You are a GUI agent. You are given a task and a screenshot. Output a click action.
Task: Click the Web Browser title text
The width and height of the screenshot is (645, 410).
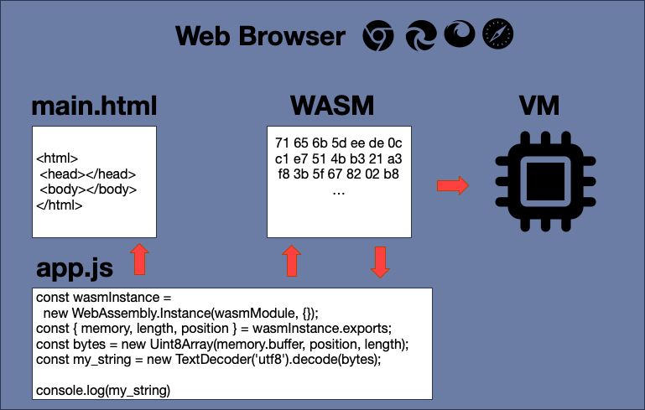260,36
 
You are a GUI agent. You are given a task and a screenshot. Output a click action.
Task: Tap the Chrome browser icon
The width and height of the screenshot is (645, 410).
378,36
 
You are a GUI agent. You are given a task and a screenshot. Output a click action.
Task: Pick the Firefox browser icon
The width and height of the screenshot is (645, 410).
459,36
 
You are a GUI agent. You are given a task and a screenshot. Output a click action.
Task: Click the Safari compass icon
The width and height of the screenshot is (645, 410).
498,36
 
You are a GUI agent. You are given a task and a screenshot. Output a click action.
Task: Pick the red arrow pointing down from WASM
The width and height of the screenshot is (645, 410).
380,262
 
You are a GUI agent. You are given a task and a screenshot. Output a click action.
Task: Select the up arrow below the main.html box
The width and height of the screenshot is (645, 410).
140,260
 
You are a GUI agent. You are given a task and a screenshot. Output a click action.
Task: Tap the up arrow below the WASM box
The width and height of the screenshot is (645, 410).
292,261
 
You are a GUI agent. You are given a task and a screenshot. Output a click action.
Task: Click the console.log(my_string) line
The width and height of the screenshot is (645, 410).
102,390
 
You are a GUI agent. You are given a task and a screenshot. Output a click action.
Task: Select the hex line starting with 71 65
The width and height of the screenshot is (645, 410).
339,141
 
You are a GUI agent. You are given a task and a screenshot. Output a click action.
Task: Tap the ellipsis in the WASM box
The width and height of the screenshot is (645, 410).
339,191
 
